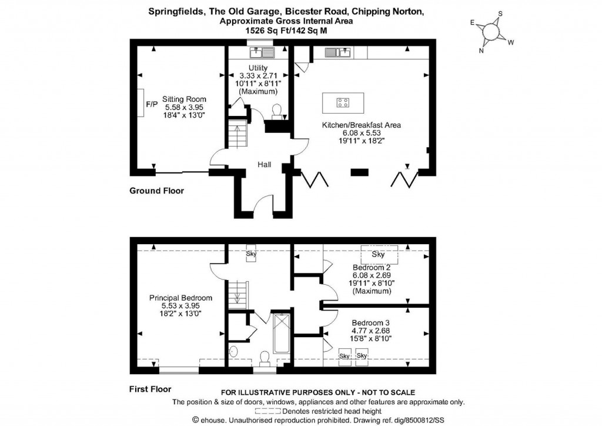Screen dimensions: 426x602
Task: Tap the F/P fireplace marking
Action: tap(152, 104)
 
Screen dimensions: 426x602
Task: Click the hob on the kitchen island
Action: tap(343, 104)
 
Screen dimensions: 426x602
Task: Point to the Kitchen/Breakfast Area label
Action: tap(361, 125)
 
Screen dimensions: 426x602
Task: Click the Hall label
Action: tap(264, 165)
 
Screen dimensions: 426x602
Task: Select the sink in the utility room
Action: tap(262, 53)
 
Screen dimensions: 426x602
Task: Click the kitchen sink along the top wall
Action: tap(337, 53)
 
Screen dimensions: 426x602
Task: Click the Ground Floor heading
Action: tap(156, 191)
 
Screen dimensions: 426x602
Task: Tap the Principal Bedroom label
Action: tap(180, 298)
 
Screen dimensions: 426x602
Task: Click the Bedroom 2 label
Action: tap(372, 267)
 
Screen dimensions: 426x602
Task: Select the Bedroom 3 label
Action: tap(371, 323)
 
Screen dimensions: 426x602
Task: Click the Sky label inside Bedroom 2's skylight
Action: tap(379, 255)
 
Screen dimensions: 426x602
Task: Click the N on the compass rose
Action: tap(481, 51)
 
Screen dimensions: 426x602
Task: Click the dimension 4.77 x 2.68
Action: tap(371, 331)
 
